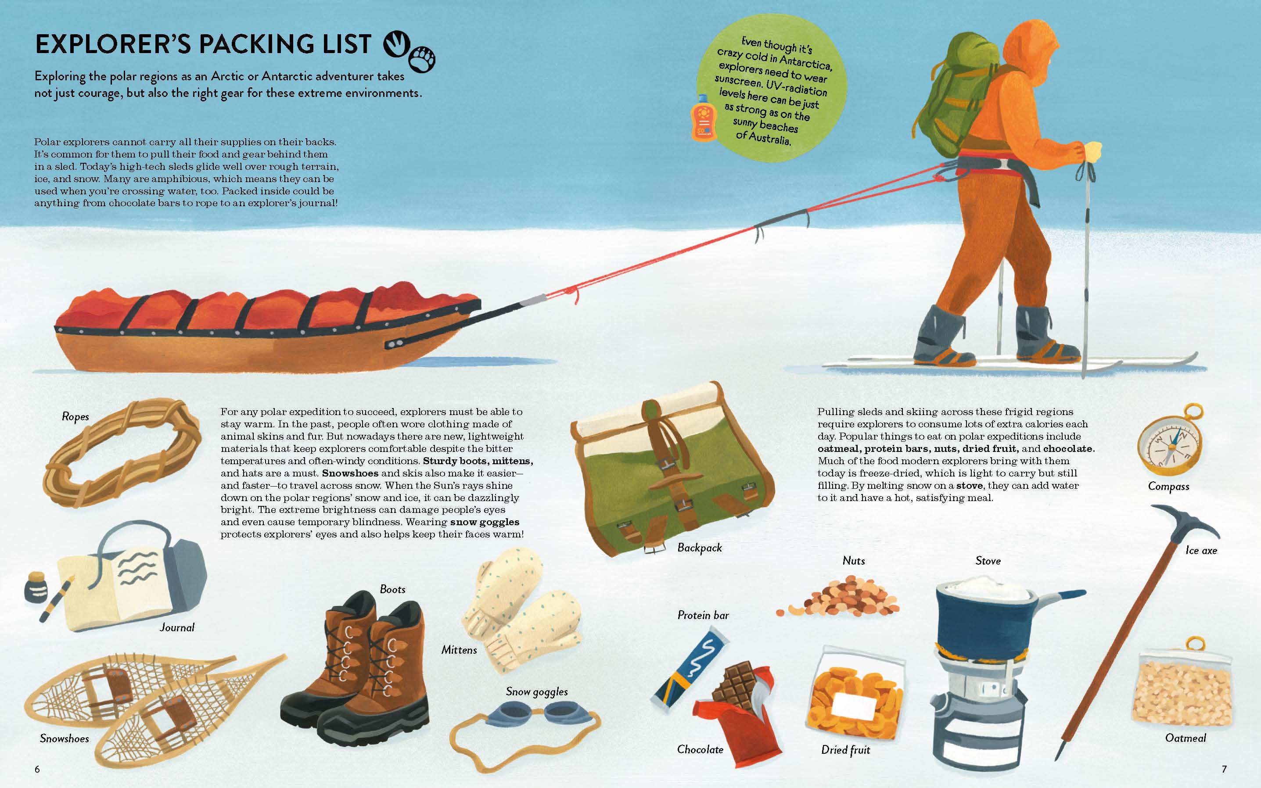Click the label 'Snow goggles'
click(x=536, y=692)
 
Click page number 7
click(x=1225, y=769)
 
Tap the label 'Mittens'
click(x=459, y=650)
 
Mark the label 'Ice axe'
click(x=1201, y=550)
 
